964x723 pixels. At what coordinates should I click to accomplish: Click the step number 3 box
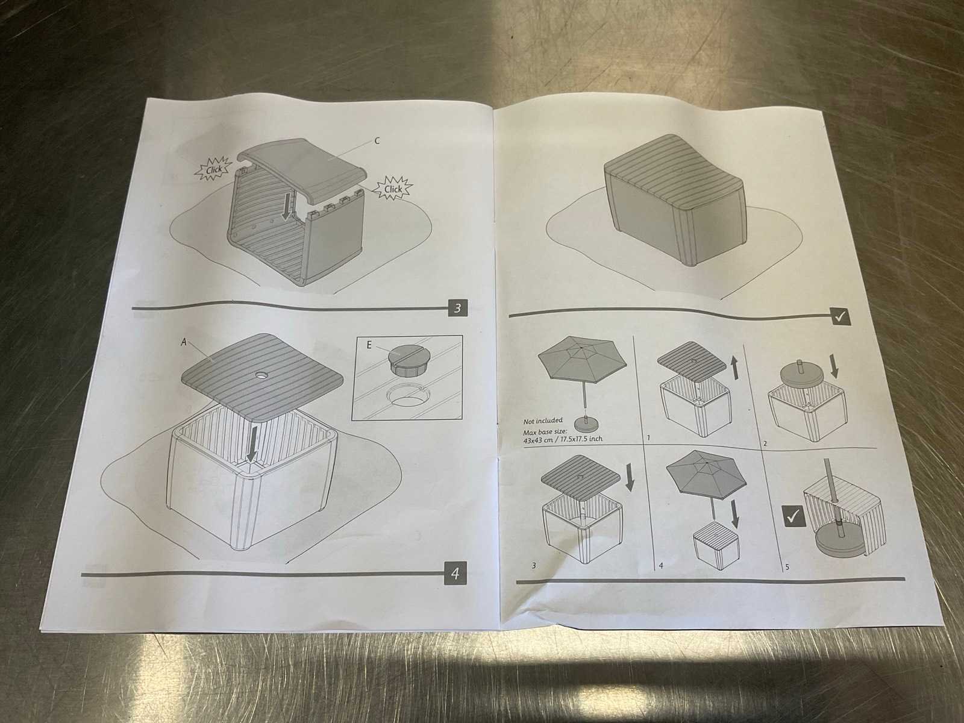pyautogui.click(x=457, y=308)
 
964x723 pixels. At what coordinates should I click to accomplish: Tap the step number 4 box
pyautogui.click(x=454, y=573)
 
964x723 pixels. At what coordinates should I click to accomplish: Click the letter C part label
pyautogui.click(x=377, y=141)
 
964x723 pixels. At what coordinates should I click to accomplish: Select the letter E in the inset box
pyautogui.click(x=369, y=345)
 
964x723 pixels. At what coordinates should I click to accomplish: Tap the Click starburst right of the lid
pyautogui.click(x=393, y=189)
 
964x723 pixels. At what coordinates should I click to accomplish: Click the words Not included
pyautogui.click(x=543, y=421)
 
